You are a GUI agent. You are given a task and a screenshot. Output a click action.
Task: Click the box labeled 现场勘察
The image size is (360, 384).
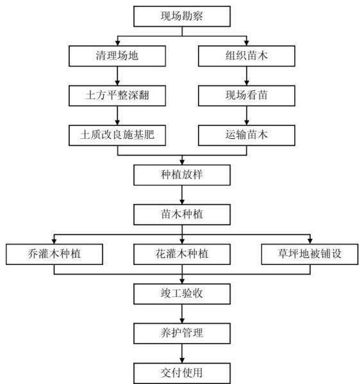(182, 17)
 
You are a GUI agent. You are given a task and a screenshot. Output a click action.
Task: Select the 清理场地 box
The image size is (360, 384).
(117, 56)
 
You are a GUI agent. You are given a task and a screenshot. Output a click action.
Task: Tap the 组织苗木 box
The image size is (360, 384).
(247, 56)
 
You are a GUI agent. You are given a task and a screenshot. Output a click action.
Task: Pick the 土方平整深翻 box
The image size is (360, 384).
(117, 96)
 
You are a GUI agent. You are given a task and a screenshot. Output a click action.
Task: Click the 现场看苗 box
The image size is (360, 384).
(247, 96)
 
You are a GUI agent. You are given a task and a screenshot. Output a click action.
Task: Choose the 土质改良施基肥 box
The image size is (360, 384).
(117, 136)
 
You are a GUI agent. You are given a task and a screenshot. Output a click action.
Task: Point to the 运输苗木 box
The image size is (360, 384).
(247, 136)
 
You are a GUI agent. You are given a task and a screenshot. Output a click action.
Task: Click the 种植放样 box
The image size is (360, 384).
(182, 175)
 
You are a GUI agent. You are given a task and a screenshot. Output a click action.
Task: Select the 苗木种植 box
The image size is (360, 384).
(182, 215)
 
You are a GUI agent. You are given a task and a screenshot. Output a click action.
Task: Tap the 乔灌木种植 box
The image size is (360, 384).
(54, 255)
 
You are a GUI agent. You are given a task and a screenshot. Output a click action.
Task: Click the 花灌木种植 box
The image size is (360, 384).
(182, 255)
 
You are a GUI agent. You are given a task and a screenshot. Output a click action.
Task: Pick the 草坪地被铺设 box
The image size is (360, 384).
(310, 255)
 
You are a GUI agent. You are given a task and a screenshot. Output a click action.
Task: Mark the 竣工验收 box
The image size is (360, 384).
(182, 294)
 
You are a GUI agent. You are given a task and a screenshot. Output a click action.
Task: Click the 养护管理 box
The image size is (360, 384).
(182, 333)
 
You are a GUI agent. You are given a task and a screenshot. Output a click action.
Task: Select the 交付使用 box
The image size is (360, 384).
(182, 373)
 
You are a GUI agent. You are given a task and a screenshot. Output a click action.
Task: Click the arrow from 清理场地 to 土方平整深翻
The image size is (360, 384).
(117, 76)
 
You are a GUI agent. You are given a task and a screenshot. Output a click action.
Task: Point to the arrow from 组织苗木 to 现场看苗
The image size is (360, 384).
(247, 76)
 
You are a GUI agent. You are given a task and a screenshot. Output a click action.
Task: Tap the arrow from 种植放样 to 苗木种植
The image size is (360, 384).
(182, 195)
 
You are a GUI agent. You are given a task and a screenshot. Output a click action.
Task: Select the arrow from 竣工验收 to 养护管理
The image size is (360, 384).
(182, 314)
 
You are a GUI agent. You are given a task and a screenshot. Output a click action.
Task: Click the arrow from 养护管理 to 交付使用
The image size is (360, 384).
(182, 353)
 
